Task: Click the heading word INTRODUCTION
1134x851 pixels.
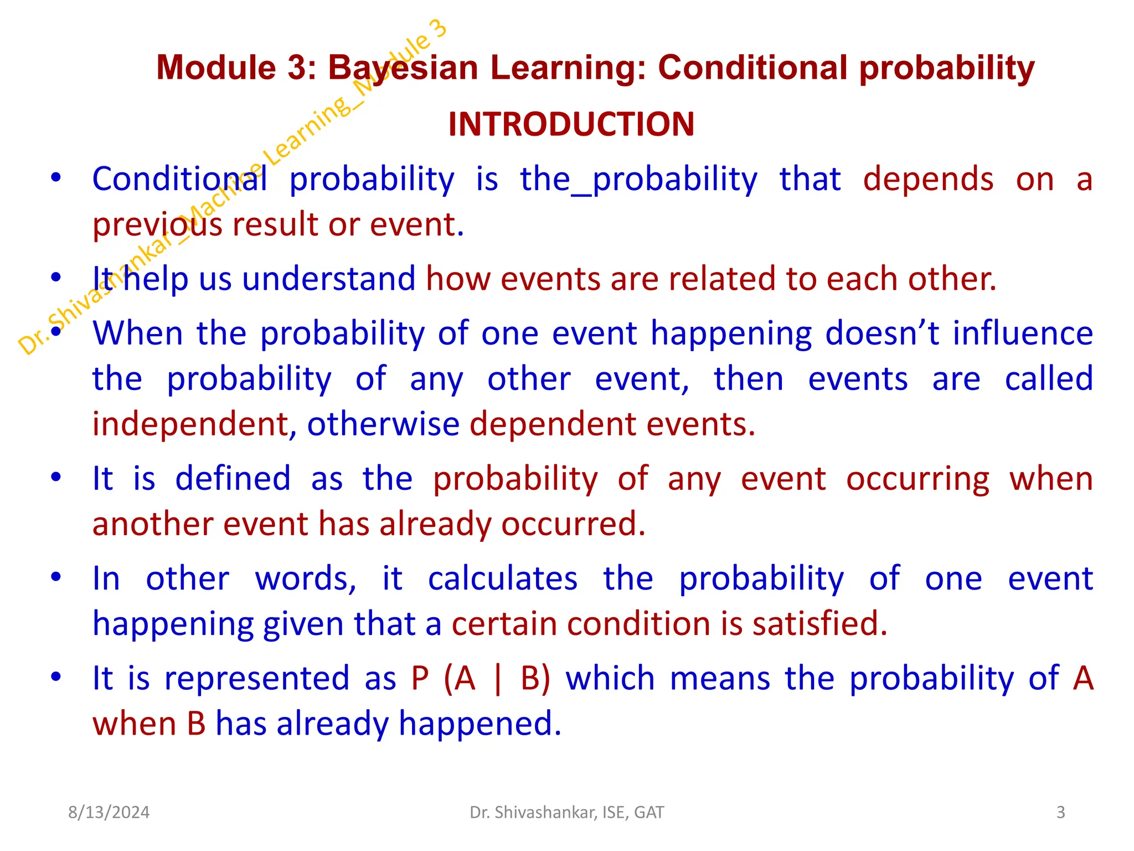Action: coord(571,124)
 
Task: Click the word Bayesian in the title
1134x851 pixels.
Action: coord(403,68)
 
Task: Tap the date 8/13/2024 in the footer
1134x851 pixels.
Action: coord(109,812)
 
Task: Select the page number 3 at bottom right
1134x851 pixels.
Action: coord(1060,812)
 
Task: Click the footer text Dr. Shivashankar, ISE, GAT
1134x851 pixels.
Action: coord(566,812)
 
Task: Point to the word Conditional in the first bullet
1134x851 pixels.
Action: coord(179,179)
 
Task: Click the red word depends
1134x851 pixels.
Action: coord(928,179)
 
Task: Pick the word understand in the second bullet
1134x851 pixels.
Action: coord(328,278)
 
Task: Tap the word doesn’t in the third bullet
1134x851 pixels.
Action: coord(882,334)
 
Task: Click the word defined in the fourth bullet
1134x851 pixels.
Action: coord(233,478)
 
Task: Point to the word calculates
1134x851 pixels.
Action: coord(503,578)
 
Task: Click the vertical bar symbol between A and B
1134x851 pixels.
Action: coord(497,679)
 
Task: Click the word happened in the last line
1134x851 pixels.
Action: coord(480,724)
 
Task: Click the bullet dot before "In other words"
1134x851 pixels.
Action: coord(55,577)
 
